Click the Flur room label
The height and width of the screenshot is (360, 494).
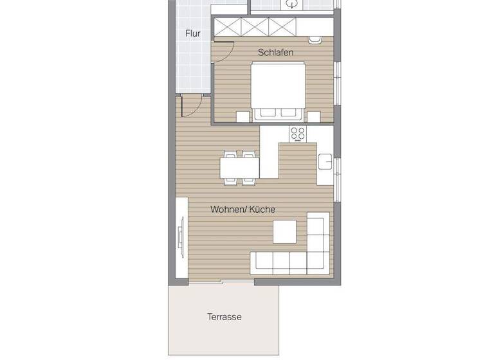[193, 33]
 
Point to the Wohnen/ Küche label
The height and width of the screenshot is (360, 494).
[243, 209]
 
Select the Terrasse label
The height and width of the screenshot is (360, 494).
[224, 317]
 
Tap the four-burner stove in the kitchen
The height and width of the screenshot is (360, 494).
[298, 134]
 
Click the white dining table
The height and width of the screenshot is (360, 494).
[239, 168]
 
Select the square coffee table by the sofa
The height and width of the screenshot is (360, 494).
[284, 232]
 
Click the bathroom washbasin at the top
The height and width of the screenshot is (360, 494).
[293, 4]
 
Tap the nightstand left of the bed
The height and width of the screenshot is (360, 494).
[242, 116]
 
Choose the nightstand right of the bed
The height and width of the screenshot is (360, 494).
[313, 116]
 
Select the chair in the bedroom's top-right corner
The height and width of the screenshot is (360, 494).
[315, 40]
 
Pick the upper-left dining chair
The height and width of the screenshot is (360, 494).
[230, 154]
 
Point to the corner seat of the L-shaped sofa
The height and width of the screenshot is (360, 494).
[317, 260]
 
